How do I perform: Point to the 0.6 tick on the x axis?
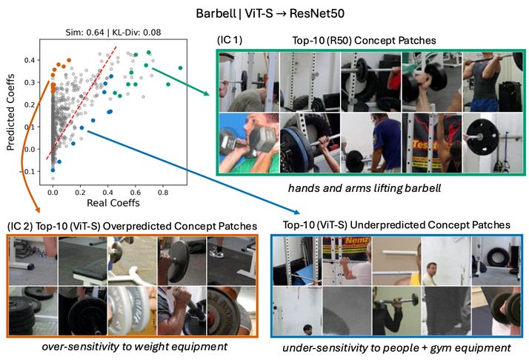tap(136, 190)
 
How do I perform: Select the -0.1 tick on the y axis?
tap(31, 171)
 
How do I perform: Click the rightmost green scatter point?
tap(180, 67)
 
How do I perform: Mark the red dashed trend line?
tap(81, 104)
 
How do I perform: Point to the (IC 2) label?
tap(21, 224)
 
